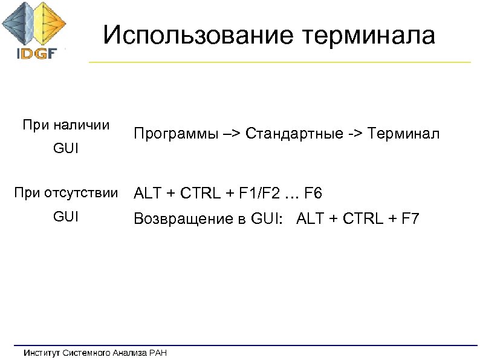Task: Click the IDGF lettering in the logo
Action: (x=36, y=53)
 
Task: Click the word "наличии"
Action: (x=82, y=126)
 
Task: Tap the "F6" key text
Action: (x=313, y=194)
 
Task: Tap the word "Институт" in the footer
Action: (x=42, y=352)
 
